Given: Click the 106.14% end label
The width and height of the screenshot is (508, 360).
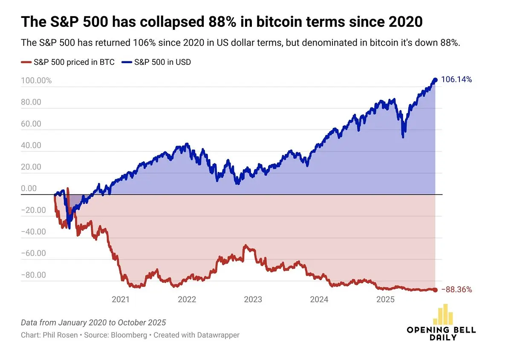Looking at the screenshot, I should tap(456, 79).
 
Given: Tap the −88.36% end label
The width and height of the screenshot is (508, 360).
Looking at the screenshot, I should tap(456, 290).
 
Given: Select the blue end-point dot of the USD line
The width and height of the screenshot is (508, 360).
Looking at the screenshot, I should tap(435, 80).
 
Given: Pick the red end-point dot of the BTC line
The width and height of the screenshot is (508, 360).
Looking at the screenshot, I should tap(435, 290).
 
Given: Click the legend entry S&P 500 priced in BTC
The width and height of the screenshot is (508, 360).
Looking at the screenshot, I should tap(68, 62).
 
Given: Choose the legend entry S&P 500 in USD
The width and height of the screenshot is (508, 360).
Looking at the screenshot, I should tap(156, 62).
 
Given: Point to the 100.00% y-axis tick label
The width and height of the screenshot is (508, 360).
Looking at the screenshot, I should tap(36, 81).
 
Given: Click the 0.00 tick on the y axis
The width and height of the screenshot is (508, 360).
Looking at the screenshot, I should tap(29, 189).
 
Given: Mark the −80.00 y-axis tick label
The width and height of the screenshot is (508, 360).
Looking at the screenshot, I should tap(33, 275).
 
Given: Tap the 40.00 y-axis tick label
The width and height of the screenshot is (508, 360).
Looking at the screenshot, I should tap(32, 145).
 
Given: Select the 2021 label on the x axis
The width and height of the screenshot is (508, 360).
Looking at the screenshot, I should tap(121, 300).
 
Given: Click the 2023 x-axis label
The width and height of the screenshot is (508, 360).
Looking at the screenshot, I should tap(253, 300).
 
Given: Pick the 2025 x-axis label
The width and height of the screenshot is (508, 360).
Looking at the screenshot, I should tap(386, 300).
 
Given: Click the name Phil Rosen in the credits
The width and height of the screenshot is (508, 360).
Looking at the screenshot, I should tap(61, 335).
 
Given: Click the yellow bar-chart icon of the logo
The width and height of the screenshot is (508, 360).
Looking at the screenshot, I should tap(442, 315).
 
